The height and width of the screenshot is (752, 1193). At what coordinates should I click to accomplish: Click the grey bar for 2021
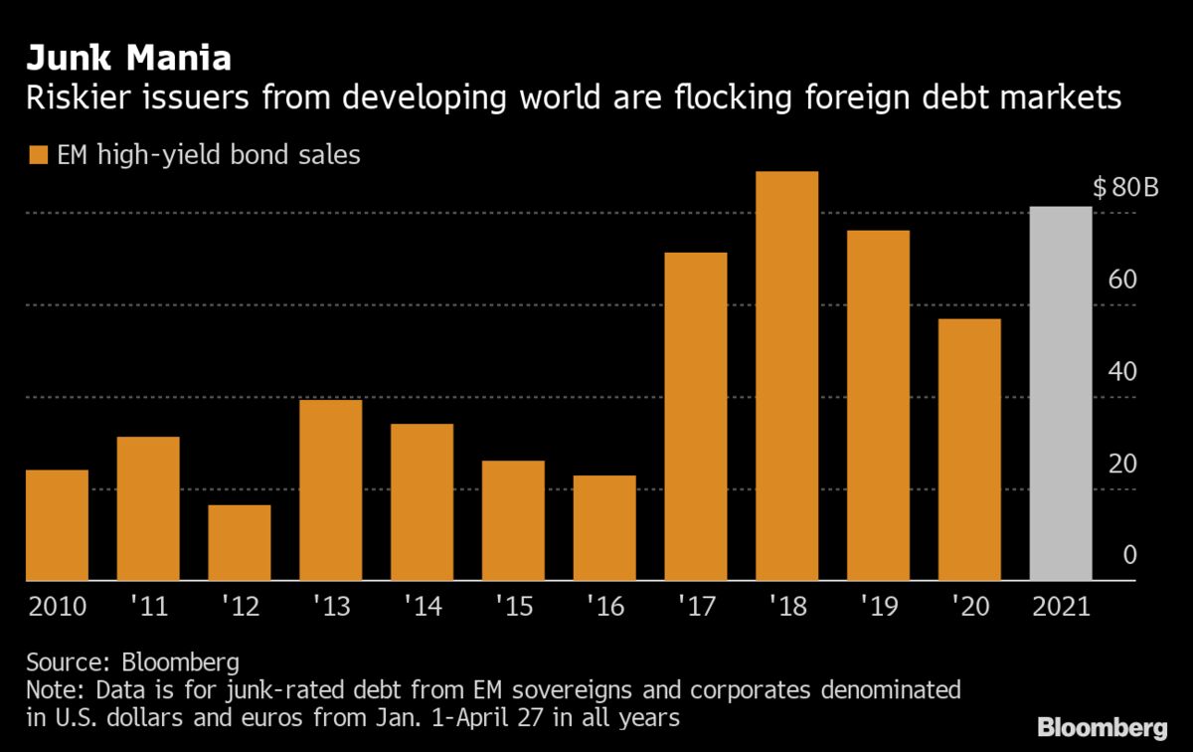[1060, 394]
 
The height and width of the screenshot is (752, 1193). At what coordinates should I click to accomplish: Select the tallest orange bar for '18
[786, 376]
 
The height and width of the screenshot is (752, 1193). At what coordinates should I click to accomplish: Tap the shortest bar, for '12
[239, 543]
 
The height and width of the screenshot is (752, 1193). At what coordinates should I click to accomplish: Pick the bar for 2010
[57, 525]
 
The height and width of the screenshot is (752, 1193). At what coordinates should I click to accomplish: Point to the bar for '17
[695, 417]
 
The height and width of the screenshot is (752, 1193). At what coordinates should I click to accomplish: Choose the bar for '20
[968, 450]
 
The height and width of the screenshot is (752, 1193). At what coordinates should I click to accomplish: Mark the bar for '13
[330, 490]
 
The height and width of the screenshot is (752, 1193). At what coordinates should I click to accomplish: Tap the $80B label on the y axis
[1125, 187]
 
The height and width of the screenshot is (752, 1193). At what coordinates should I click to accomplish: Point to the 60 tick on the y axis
[1122, 280]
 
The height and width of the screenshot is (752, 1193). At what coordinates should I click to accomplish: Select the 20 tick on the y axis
[1122, 464]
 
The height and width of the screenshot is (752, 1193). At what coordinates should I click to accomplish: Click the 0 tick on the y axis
[1129, 555]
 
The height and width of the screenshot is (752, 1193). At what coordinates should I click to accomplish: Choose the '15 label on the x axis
[513, 607]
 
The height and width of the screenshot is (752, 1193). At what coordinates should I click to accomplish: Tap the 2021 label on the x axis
[1060, 607]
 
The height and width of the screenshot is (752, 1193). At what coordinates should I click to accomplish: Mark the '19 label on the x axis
[878, 607]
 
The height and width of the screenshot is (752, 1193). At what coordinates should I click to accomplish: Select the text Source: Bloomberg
[133, 662]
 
